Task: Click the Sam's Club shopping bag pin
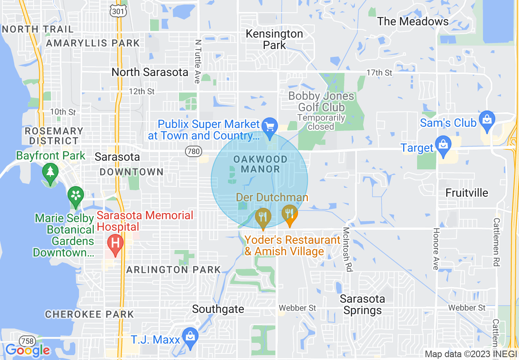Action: (x=487, y=120)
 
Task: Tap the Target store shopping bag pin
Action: (x=443, y=145)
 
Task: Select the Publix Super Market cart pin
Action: (x=270, y=126)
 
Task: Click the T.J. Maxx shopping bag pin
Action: (x=190, y=337)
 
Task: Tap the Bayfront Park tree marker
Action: (x=50, y=172)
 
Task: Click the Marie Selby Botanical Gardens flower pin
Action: (x=76, y=195)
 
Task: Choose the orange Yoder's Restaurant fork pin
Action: (x=290, y=214)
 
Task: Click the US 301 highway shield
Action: (x=118, y=11)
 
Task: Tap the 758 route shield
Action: (x=27, y=341)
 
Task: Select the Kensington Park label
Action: (x=274, y=39)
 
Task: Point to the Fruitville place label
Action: (x=467, y=193)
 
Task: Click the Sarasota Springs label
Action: (x=363, y=305)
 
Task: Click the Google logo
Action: (x=27, y=350)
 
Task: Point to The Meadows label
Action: (x=413, y=21)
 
